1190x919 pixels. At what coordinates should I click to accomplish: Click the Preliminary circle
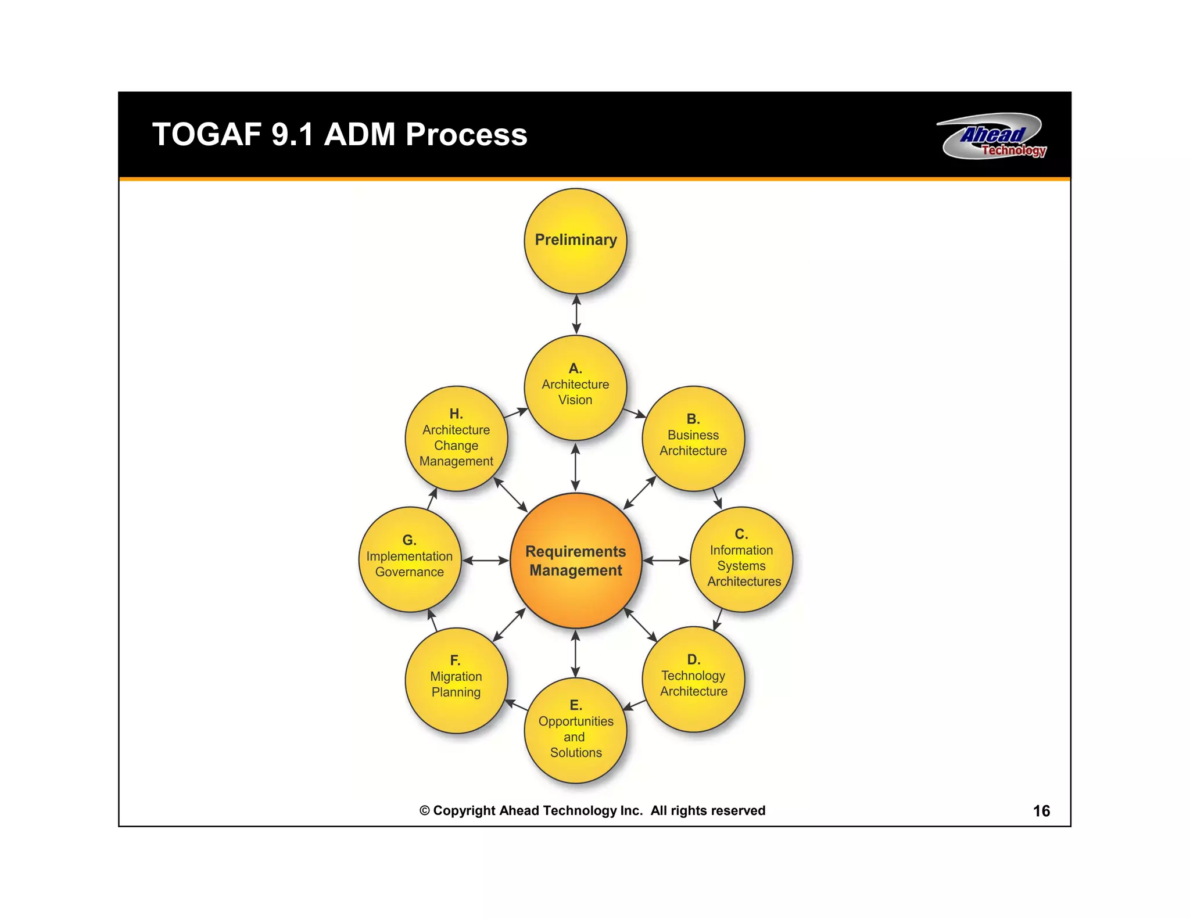pyautogui.click(x=575, y=240)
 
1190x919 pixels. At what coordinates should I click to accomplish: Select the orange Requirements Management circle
pyautogui.click(x=575, y=561)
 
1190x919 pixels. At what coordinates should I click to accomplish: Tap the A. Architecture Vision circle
pyautogui.click(x=575, y=387)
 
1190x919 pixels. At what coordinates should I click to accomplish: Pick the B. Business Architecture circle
pyautogui.click(x=693, y=439)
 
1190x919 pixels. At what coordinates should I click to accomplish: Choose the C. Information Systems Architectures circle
pyautogui.click(x=741, y=559)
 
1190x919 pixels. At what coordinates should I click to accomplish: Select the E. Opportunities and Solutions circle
pyautogui.click(x=575, y=730)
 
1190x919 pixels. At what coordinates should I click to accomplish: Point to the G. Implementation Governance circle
pyautogui.click(x=410, y=559)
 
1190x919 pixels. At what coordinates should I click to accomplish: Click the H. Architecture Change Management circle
pyautogui.click(x=456, y=439)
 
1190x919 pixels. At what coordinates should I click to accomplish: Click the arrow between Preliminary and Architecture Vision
pyautogui.click(x=576, y=314)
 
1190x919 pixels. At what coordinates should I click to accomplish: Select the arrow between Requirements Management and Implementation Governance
pyautogui.click(x=486, y=561)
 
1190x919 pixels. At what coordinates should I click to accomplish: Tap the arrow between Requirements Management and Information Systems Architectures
pyautogui.click(x=666, y=561)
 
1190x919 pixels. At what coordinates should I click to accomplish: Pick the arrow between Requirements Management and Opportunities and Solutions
pyautogui.click(x=575, y=654)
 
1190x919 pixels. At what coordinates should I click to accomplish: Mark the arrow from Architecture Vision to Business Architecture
pyautogui.click(x=635, y=413)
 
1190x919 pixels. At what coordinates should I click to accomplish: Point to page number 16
pyautogui.click(x=1041, y=811)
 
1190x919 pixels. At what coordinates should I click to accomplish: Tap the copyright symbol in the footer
pyautogui.click(x=425, y=811)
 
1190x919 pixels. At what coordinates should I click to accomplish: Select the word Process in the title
pyautogui.click(x=466, y=135)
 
